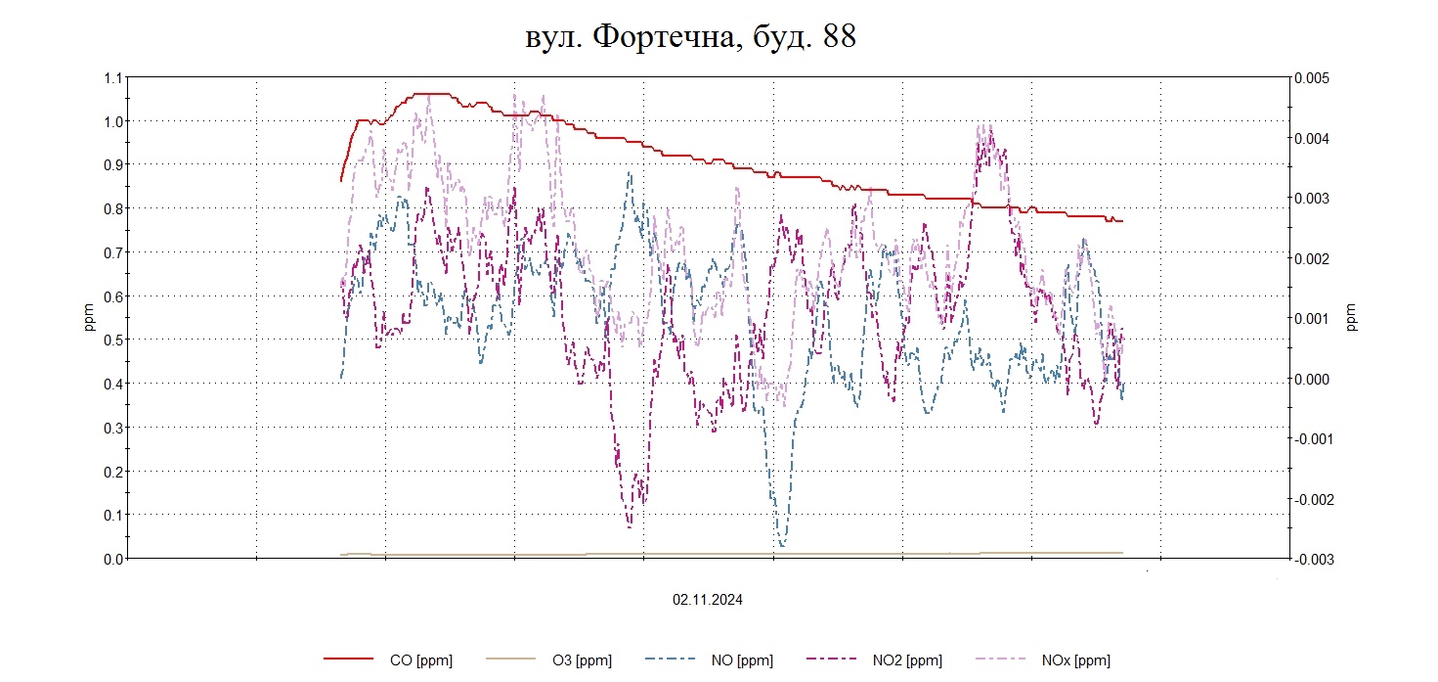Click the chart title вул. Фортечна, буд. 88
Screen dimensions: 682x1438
tap(690, 37)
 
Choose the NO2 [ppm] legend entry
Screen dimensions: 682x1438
tap(907, 660)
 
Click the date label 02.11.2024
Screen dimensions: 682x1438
tap(707, 600)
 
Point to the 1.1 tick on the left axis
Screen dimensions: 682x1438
tap(113, 78)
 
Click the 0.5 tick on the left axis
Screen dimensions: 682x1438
tap(113, 340)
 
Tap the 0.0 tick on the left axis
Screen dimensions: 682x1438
tap(113, 559)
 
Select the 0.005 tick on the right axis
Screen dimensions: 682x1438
tap(1311, 78)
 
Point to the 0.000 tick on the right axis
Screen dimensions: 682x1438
tap(1311, 379)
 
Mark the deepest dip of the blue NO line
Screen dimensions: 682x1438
tap(782, 545)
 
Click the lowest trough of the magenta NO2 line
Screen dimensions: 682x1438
tap(630, 526)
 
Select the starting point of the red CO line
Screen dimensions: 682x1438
tap(341, 180)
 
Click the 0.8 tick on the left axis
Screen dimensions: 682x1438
tap(113, 208)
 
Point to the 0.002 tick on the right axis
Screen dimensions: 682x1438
tap(1311, 258)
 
